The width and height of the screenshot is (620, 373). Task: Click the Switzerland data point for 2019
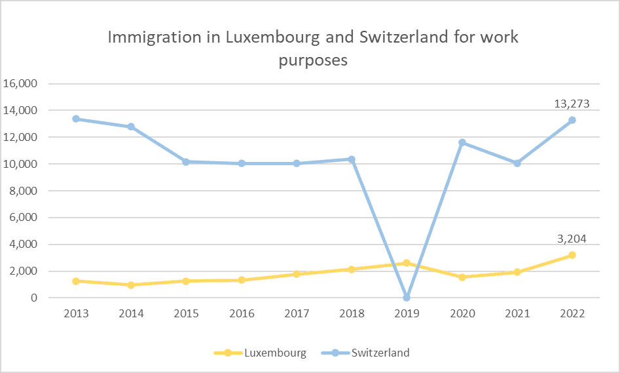407,298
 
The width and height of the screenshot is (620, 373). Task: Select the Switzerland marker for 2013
76,119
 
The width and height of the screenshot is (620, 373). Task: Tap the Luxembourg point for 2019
407,263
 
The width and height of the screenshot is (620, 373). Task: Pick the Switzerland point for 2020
462,142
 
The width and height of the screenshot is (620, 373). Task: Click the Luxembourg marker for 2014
131,285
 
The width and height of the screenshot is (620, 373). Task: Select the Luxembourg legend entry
275,353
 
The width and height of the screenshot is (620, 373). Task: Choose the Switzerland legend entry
380,353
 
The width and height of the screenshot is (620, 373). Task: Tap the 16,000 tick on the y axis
22,84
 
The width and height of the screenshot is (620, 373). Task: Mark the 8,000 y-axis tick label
24,191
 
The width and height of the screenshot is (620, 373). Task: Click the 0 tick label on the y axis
35,298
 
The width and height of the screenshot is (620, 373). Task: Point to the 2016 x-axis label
242,313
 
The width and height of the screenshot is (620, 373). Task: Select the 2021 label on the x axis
517,313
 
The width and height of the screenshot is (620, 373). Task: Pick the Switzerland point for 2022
572,120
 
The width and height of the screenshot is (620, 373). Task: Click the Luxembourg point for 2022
572,255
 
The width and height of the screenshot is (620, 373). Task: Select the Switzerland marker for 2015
186,161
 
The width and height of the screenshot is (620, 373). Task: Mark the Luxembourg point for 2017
297,274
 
